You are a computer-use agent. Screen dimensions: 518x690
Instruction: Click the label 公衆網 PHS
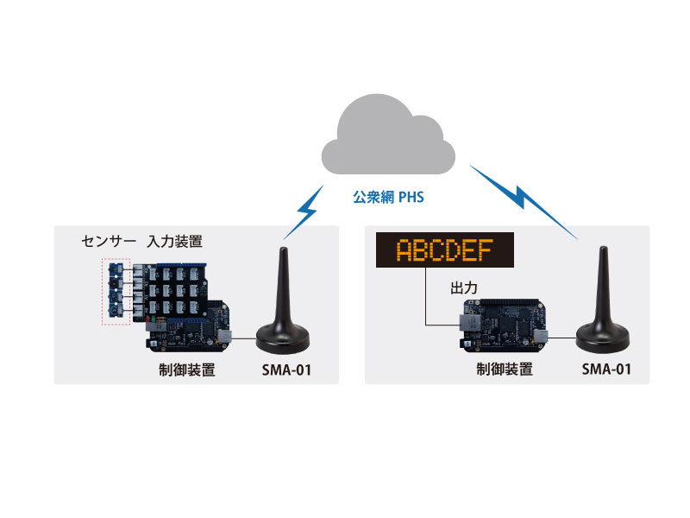388,197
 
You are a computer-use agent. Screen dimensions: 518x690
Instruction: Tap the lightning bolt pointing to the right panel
521,193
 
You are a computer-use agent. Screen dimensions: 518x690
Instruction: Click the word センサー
107,239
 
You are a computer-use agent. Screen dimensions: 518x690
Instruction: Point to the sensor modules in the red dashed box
116,290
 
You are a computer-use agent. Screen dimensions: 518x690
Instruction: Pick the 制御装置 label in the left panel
186,371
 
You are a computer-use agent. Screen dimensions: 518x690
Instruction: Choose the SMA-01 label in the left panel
285,371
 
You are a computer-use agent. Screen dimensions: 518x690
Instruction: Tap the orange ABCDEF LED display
444,250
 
